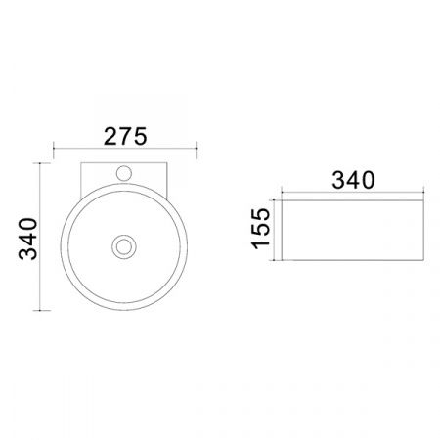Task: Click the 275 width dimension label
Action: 125,137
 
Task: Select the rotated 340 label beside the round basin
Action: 28,239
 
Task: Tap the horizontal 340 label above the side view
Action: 353,180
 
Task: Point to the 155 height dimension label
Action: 261,229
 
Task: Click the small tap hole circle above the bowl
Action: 124,173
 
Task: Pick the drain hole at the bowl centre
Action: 124,246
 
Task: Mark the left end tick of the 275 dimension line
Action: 54,148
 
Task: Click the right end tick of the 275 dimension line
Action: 196,148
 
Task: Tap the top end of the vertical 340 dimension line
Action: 40,163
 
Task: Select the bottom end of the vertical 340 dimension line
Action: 40,310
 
